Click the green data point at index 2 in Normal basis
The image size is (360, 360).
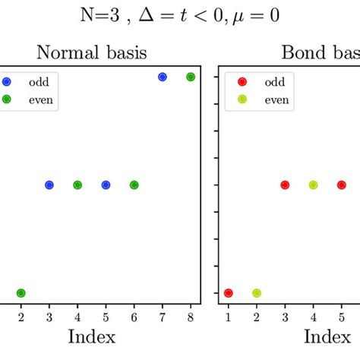[x=21, y=293]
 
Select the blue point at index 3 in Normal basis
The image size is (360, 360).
[x=49, y=185]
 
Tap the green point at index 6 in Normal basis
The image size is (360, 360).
[x=134, y=185]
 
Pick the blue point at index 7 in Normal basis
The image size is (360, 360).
[x=162, y=77]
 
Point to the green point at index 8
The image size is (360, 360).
[x=191, y=77]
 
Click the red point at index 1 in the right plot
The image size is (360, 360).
[x=229, y=293]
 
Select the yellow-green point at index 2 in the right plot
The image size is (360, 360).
[x=257, y=293]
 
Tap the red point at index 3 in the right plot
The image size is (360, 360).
[x=285, y=185]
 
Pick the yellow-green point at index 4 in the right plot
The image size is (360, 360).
[x=313, y=185]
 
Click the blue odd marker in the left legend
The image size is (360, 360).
[x=7, y=81]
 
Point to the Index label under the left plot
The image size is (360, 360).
[x=91, y=336]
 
